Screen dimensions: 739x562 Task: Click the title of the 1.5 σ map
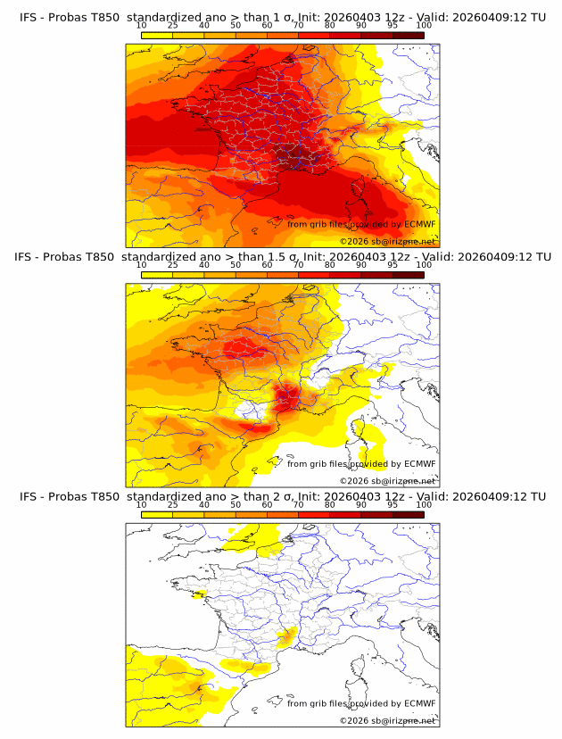click(x=282, y=257)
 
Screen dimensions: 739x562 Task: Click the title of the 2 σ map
click(x=282, y=496)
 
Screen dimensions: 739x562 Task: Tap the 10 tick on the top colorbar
click(x=142, y=25)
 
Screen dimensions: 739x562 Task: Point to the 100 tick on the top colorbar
click(x=424, y=25)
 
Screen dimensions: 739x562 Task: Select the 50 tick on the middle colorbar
click(x=236, y=265)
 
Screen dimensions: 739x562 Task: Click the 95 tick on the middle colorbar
click(x=393, y=265)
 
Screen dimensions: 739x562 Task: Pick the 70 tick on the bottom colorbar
click(x=298, y=504)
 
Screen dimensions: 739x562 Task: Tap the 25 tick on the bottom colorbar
click(x=173, y=504)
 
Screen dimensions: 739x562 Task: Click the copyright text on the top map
click(x=387, y=241)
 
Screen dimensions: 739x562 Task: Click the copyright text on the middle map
click(x=387, y=480)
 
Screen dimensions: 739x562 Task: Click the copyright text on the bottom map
click(x=387, y=719)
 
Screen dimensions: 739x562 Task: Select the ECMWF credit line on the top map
click(x=361, y=224)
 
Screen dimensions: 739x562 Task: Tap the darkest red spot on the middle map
click(x=287, y=396)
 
